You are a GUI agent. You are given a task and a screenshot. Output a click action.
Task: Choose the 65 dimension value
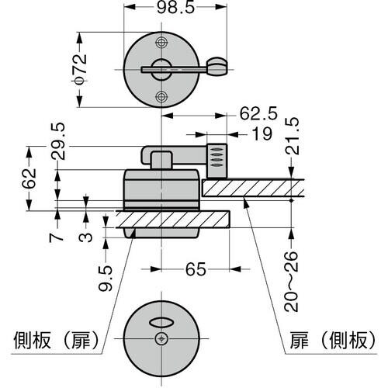click(x=196, y=271)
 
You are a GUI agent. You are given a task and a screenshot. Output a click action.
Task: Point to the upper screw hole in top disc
click(x=161, y=42)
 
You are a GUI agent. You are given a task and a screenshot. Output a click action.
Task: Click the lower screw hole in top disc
click(x=161, y=95)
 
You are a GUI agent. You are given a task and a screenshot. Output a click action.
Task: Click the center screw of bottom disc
click(x=161, y=338)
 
